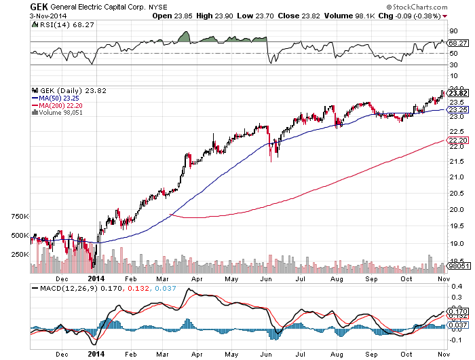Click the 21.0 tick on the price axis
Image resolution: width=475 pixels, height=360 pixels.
pyautogui.click(x=455, y=177)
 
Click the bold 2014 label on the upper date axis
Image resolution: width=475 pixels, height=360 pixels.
pyautogui.click(x=96, y=278)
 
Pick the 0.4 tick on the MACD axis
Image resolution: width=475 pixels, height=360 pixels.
pyautogui.click(x=454, y=287)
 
